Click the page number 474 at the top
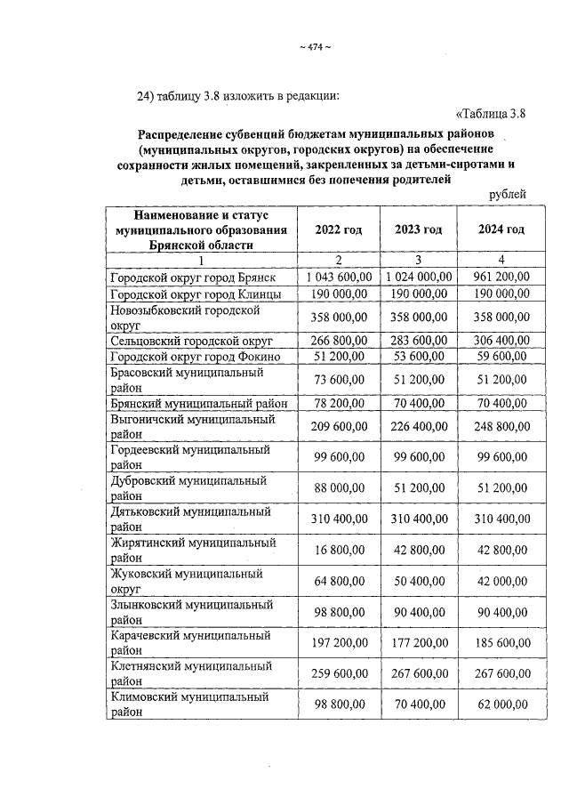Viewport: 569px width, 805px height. tap(314, 48)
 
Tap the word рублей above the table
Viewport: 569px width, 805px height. tap(508, 194)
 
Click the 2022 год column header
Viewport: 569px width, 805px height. tap(339, 229)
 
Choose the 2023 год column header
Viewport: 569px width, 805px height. tap(418, 229)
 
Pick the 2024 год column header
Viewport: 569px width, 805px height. tap(500, 229)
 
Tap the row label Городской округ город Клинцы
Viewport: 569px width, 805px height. tap(196, 294)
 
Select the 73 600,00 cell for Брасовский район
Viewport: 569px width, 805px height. tap(342, 380)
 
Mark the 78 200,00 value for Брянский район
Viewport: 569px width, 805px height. tap(342, 404)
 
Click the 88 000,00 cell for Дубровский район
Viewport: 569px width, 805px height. tap(342, 489)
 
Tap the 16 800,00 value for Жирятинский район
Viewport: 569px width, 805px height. tap(342, 551)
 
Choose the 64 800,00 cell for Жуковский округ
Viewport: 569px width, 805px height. tap(342, 582)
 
